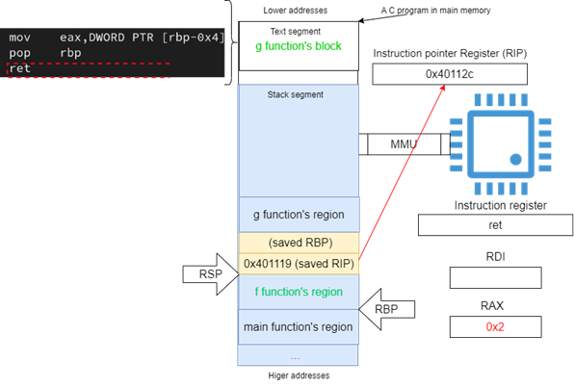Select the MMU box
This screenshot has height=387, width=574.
coord(404,144)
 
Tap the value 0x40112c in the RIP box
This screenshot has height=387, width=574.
coord(450,74)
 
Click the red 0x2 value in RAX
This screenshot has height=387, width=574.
coord(495,326)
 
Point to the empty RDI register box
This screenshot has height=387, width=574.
coord(496,277)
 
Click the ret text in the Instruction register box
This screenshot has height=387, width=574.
coord(495,225)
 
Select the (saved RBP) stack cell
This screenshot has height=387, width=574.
coord(300,243)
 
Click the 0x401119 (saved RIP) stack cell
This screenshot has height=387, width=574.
coord(300,264)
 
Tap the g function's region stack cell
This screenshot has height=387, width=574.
coord(300,215)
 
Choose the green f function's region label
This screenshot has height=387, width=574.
coord(299,292)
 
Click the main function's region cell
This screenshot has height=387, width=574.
coord(299,326)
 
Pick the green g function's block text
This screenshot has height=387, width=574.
coord(299,46)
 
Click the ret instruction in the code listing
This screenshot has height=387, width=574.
coord(20,68)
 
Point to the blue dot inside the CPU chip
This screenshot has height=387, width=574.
coord(516,159)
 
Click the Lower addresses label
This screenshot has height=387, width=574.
coord(296,11)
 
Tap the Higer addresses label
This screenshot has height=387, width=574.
coord(299,375)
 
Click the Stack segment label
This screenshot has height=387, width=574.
coord(296,94)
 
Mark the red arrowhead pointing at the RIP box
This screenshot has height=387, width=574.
coord(443,88)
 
